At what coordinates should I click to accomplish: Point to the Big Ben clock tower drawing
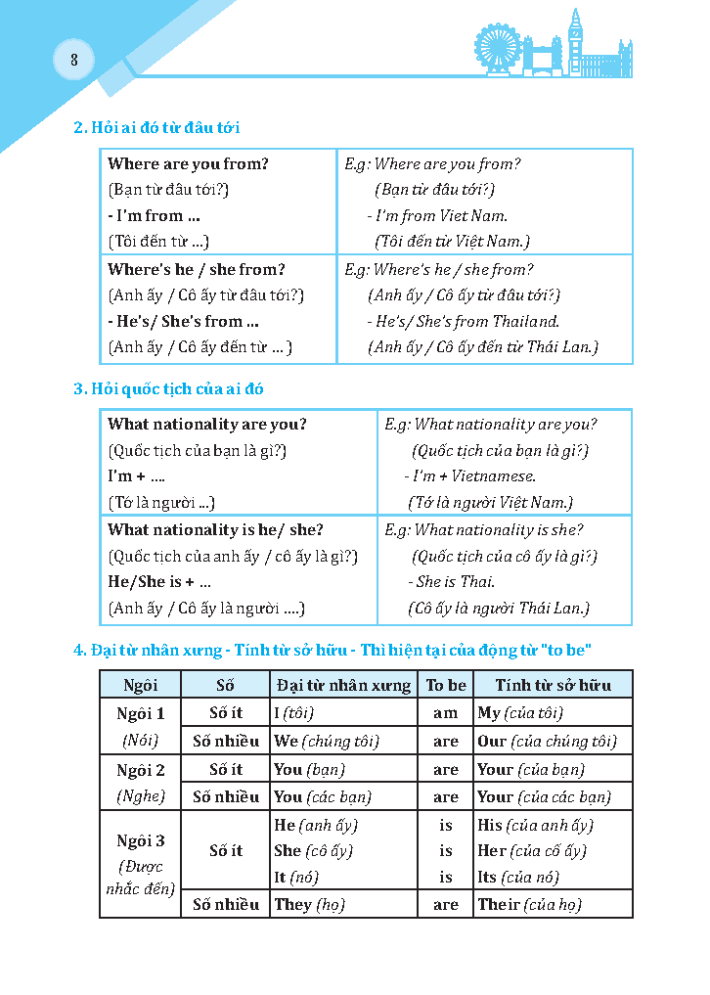coord(575,39)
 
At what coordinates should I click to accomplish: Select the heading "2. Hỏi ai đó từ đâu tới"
coord(156,127)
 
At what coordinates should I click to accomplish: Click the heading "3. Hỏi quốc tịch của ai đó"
coord(168,388)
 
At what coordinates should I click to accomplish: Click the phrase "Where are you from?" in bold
coord(188,163)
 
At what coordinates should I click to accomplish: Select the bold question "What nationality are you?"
coord(207,424)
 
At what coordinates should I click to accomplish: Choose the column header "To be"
coord(446,685)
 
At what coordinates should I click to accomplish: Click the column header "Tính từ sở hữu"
coord(553,685)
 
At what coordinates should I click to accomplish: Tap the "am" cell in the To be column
coord(446,713)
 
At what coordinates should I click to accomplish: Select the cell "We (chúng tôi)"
coord(327,741)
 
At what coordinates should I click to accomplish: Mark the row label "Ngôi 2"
coord(141,770)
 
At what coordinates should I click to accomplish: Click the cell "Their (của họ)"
coord(529,904)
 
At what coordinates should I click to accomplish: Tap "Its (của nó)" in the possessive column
coord(518,878)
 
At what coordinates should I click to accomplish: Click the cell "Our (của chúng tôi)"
coord(547,741)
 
